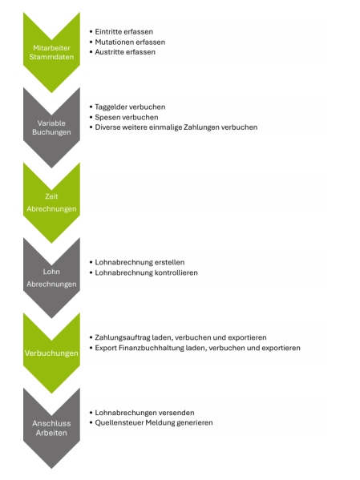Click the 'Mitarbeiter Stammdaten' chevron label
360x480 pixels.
(x=51, y=52)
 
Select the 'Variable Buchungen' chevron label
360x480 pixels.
(x=51, y=127)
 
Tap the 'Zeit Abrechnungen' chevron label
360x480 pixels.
(x=51, y=203)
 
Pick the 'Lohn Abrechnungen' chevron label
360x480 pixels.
(x=51, y=278)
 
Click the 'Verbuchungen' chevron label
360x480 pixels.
(x=51, y=353)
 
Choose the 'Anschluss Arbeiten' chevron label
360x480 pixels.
(x=51, y=428)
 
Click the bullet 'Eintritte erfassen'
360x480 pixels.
(x=123, y=32)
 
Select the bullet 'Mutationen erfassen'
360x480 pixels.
(x=130, y=42)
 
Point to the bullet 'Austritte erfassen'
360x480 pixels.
(x=125, y=52)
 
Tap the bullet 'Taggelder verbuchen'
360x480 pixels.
(x=130, y=107)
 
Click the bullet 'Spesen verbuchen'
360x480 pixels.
(x=127, y=117)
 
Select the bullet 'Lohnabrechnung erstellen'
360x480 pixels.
(x=140, y=262)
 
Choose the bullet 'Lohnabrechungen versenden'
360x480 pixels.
(x=144, y=413)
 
